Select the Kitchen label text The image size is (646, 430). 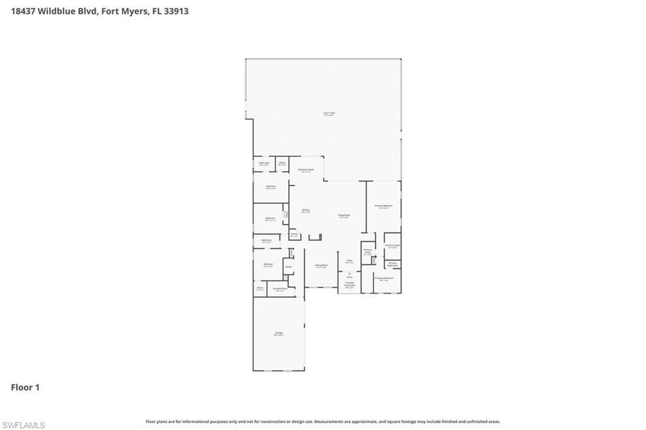[305, 211]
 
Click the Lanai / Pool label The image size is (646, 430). [329, 114]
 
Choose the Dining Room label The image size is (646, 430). [321, 266]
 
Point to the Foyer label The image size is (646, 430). [349, 261]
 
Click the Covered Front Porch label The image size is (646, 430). [349, 285]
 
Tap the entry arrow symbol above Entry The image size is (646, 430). [349, 273]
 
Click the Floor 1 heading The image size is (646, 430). [25, 388]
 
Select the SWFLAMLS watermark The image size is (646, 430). [23, 425]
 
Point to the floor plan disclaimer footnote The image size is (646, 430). [323, 421]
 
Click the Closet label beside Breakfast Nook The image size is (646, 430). [281, 163]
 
